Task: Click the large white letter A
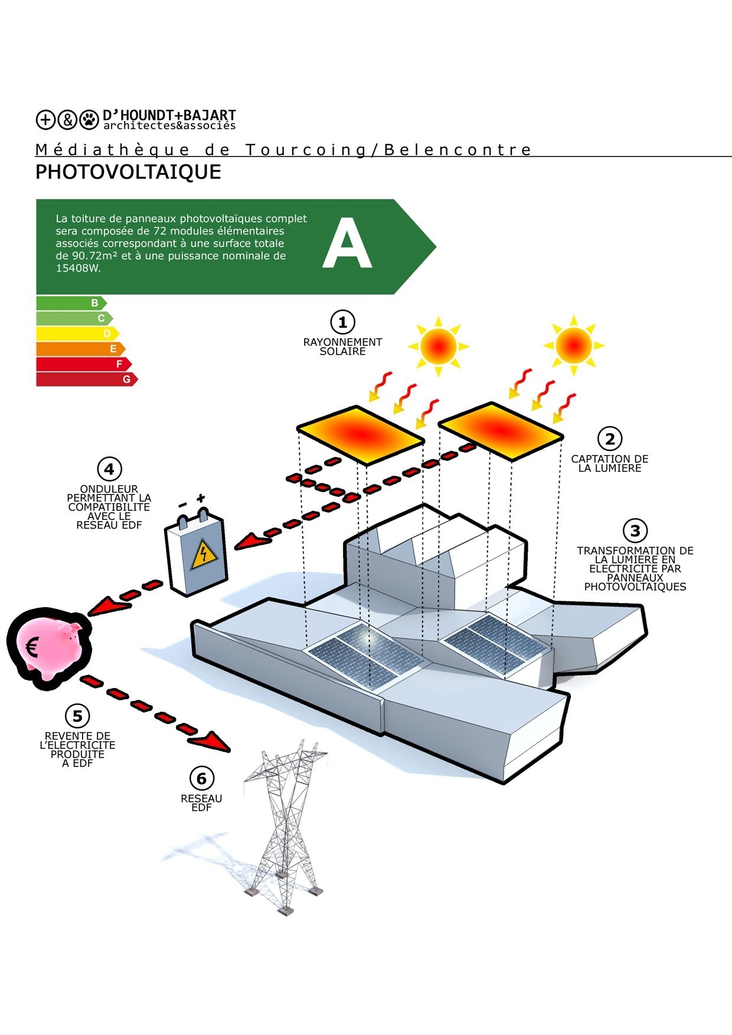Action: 347,244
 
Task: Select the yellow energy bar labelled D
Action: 77,333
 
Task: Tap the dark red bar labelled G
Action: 86,379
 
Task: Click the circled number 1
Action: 342,322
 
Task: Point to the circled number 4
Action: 109,470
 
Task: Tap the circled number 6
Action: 201,779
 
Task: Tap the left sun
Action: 438,346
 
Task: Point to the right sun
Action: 573,345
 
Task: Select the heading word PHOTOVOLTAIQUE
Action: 128,172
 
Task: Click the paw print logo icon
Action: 89,119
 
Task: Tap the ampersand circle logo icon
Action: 67,119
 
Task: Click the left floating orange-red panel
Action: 360,434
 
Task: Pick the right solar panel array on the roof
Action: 495,643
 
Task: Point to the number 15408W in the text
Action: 79,268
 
